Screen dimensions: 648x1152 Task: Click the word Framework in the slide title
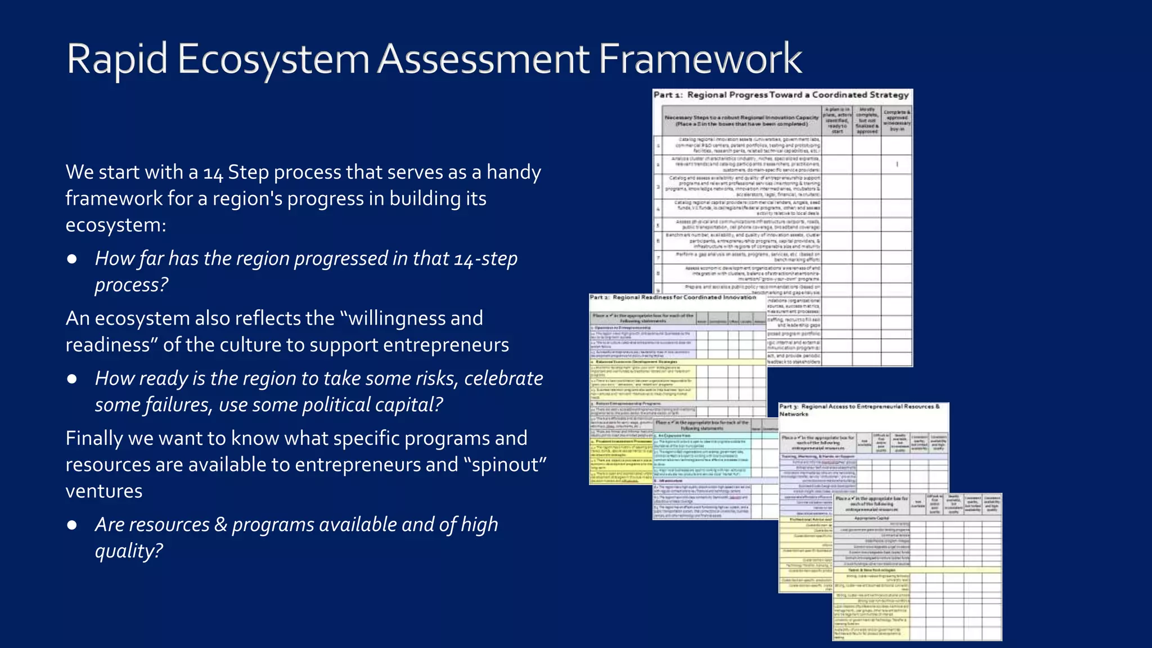pos(700,59)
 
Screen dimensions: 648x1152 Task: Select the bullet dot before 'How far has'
pos(72,259)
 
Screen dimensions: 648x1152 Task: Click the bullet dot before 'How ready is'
pos(72,379)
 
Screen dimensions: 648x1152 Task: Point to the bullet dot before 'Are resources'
pos(72,525)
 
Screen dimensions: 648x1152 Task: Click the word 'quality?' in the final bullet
pos(129,551)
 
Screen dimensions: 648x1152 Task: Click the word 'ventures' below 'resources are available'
pos(104,491)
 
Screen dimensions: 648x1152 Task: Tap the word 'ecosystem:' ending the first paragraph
pos(116,225)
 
